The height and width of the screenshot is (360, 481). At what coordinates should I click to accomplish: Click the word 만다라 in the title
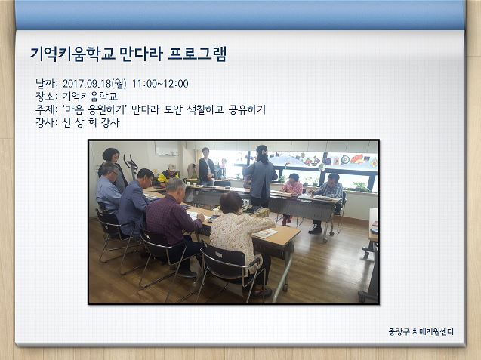tap(141, 54)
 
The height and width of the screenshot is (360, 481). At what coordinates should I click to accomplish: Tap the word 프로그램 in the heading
tap(198, 54)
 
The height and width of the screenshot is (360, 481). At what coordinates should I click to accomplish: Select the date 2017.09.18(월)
tap(94, 84)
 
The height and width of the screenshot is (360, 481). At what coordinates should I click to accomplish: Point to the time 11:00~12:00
tap(160, 84)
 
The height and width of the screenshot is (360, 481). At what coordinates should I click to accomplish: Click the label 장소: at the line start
tap(46, 97)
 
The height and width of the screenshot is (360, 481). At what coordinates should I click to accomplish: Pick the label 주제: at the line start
tap(46, 109)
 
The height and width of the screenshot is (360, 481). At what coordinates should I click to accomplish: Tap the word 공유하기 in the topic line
tap(247, 109)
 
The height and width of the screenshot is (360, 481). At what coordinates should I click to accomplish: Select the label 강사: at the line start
tap(46, 123)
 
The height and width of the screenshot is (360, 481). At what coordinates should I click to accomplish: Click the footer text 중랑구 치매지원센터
tap(421, 331)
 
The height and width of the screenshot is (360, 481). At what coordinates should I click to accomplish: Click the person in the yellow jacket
tap(168, 175)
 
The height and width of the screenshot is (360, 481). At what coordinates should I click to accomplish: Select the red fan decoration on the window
tap(357, 158)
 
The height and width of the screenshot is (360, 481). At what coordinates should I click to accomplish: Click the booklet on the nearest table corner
tap(265, 234)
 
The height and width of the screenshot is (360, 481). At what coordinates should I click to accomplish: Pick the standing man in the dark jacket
tap(206, 166)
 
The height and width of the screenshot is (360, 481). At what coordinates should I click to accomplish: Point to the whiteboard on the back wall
tap(167, 149)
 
